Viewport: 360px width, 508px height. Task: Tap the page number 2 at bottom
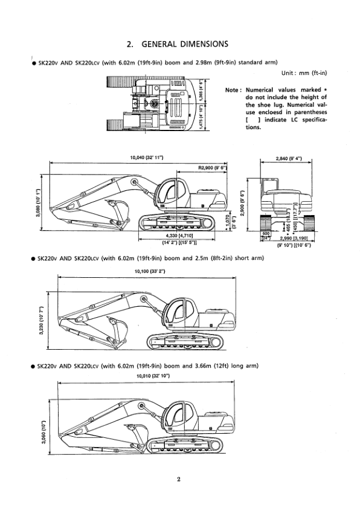pos(179,480)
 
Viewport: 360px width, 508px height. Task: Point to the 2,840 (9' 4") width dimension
pos(288,158)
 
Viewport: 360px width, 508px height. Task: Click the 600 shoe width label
pos(265,233)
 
